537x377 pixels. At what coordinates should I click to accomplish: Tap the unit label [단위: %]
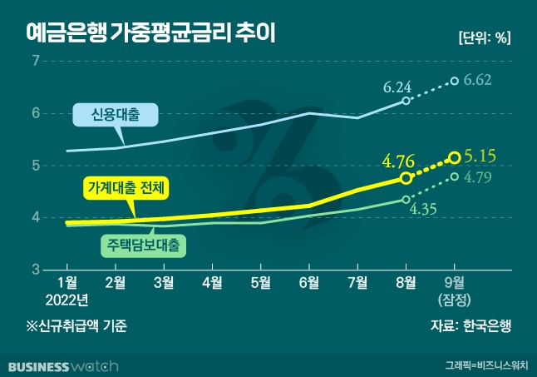click(484, 37)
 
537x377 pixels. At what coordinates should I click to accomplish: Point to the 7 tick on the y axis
click(35, 61)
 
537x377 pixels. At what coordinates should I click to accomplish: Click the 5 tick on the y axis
click(35, 166)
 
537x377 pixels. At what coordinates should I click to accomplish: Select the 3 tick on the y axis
click(35, 270)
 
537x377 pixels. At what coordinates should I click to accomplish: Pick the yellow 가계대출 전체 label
click(127, 189)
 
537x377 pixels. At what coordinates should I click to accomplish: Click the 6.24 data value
click(397, 86)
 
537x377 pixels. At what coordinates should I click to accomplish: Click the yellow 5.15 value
click(479, 156)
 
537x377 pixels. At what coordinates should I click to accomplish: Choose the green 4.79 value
click(480, 177)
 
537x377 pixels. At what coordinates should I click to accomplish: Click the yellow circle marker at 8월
click(406, 178)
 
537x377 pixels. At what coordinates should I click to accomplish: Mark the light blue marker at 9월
click(454, 81)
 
